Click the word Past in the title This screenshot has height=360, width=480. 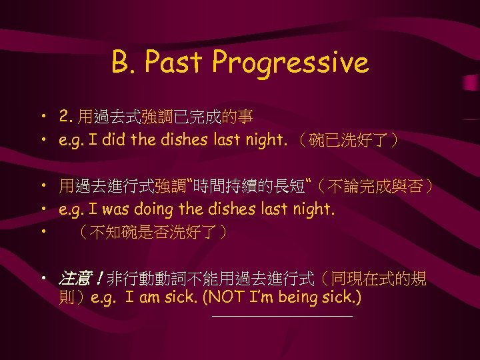tap(175, 63)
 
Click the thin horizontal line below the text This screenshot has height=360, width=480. tap(281, 317)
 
